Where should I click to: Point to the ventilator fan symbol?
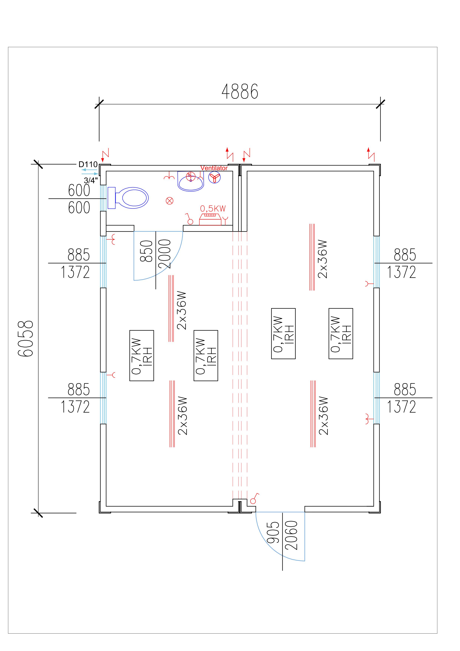pos(215,178)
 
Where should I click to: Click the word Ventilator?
pos(214,168)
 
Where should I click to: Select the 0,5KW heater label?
pos(213,209)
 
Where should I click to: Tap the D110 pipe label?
pos(88,164)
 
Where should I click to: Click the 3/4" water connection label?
pos(91,180)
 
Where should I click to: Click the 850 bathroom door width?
pos(147,251)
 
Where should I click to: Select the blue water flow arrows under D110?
pos(90,172)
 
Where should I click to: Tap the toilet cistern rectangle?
pos(112,198)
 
